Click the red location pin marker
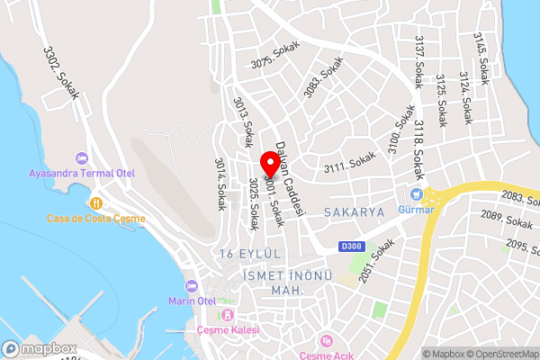(269, 164)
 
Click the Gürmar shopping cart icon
(417, 193)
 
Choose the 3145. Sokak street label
(482, 58)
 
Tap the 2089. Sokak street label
(505, 220)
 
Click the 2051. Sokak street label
(376, 262)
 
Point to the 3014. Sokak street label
(220, 184)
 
